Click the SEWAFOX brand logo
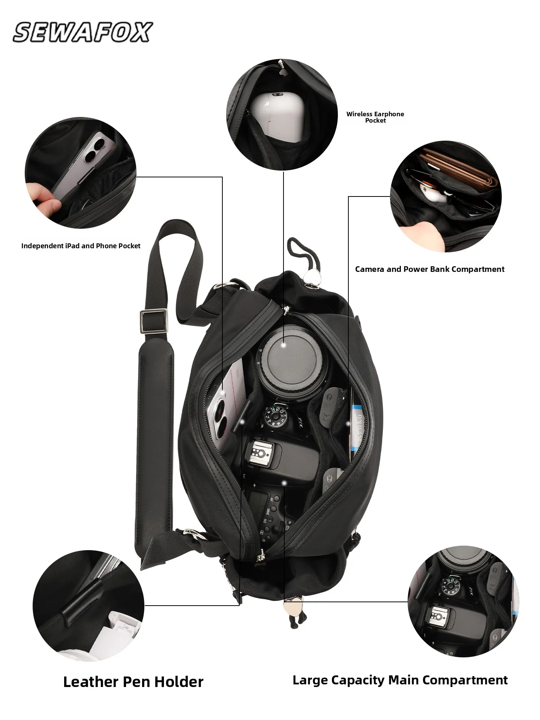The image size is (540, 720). [x=82, y=32]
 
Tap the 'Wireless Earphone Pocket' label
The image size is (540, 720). [x=375, y=117]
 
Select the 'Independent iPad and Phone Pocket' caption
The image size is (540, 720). [x=81, y=246]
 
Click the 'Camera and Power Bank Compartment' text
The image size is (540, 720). [x=429, y=269]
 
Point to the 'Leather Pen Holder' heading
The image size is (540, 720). [x=133, y=682]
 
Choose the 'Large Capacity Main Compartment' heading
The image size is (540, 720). [x=400, y=680]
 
